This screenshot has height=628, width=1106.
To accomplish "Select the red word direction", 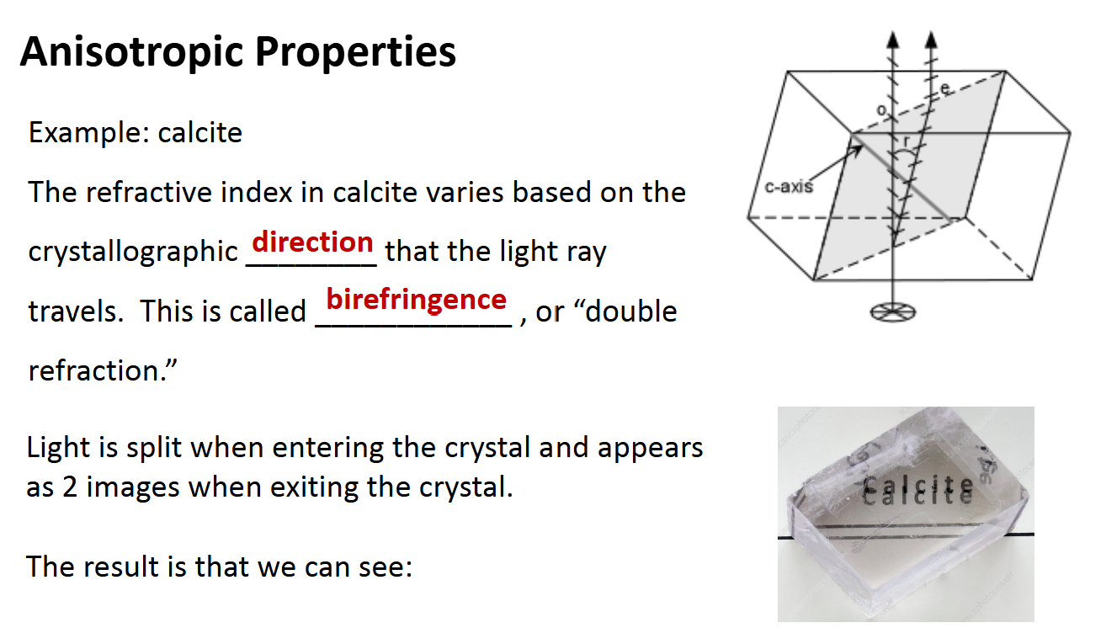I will point(312,242).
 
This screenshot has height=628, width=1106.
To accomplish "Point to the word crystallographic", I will point(133,252).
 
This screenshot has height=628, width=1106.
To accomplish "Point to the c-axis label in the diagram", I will point(789,186).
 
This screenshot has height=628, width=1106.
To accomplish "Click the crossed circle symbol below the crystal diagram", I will point(892,311).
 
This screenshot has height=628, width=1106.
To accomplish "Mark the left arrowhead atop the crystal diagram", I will point(893,38).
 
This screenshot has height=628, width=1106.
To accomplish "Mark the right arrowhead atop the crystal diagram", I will point(930,38).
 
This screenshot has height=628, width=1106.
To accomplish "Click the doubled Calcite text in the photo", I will point(918,487).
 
